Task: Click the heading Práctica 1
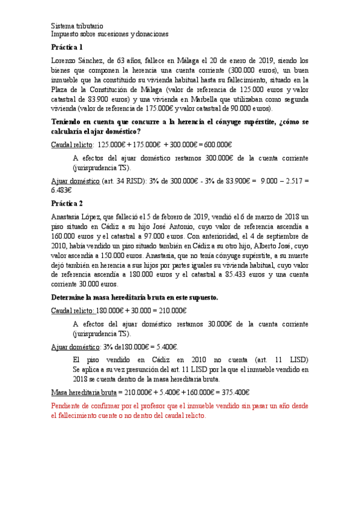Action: click(x=67, y=47)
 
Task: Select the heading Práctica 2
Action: click(x=67, y=203)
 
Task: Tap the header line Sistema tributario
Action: click(x=77, y=26)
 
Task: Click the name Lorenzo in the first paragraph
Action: click(x=65, y=60)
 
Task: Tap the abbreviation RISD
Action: click(x=129, y=180)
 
